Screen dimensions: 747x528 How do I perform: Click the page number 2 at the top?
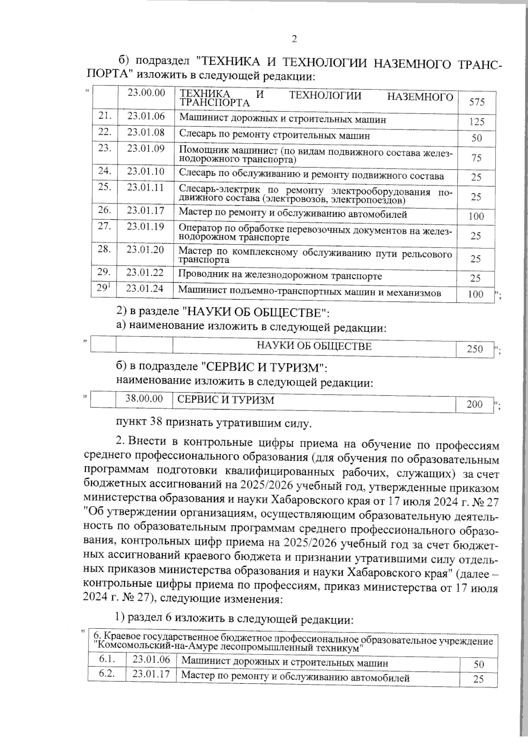[x=294, y=39]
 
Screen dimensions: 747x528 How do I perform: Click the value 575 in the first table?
[x=477, y=102]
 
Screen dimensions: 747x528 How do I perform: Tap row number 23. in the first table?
[x=104, y=148]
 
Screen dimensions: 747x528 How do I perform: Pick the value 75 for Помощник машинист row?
[x=477, y=158]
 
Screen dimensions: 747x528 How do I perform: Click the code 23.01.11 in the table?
[x=146, y=187]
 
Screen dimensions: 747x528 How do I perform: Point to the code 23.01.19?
[x=146, y=227]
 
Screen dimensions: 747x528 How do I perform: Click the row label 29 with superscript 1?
[x=104, y=288]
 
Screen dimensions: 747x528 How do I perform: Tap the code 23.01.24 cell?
[x=145, y=288]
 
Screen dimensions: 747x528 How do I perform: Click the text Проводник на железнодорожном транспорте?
[x=280, y=276]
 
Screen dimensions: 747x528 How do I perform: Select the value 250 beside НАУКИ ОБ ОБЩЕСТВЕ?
[x=475, y=350]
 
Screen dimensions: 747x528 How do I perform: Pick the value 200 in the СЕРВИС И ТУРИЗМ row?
[x=474, y=404]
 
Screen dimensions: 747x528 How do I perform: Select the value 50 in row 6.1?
[x=478, y=665]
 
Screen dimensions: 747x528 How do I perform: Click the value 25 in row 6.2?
[x=478, y=679]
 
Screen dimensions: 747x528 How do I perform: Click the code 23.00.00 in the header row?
[x=146, y=92]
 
